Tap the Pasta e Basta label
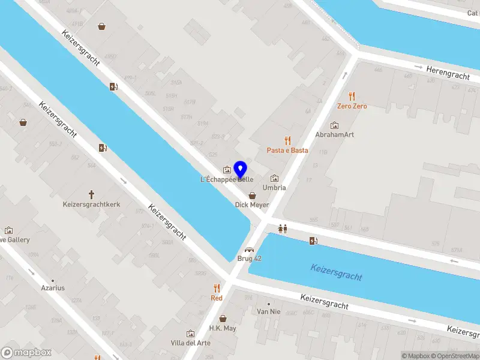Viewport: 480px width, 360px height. pyautogui.click(x=287, y=150)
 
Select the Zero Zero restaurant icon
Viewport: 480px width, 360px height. pyautogui.click(x=352, y=96)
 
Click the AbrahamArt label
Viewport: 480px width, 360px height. pyautogui.click(x=334, y=134)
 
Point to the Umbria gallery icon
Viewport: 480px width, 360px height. pyautogui.click(x=275, y=178)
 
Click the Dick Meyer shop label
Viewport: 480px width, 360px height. pyautogui.click(x=252, y=205)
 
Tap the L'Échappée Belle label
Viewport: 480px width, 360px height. pyautogui.click(x=227, y=179)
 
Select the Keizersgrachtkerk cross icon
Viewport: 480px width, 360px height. pyautogui.click(x=92, y=194)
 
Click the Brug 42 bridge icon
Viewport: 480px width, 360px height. pyautogui.click(x=249, y=250)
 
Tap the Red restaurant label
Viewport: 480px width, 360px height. pyautogui.click(x=217, y=298)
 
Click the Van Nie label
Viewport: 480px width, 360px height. pyautogui.click(x=268, y=311)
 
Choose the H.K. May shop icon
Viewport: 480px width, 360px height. pyautogui.click(x=223, y=319)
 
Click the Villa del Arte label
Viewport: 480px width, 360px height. pyautogui.click(x=191, y=343)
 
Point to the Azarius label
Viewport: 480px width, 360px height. pyautogui.click(x=53, y=288)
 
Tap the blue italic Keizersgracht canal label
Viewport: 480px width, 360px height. pyautogui.click(x=336, y=272)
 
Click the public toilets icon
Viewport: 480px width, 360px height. pyautogui.click(x=283, y=228)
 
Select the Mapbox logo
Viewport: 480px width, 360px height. pyautogui.click(x=26, y=352)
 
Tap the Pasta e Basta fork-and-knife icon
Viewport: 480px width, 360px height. pyautogui.click(x=287, y=140)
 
